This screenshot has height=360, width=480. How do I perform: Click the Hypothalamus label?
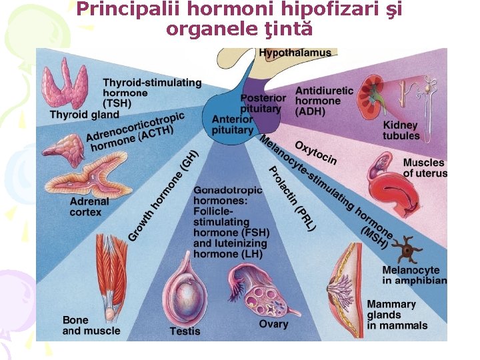pyautogui.click(x=295, y=53)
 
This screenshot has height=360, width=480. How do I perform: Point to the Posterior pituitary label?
pyautogui.click(x=263, y=103)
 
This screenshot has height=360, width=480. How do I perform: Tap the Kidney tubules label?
pyautogui.click(x=401, y=131)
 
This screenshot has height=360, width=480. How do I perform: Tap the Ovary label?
pyautogui.click(x=273, y=324)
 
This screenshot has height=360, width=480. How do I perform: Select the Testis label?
pyautogui.click(x=185, y=331)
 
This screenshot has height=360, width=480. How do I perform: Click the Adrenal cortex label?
pyautogui.click(x=89, y=207)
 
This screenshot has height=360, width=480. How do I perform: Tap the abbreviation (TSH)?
pyautogui.click(x=117, y=103)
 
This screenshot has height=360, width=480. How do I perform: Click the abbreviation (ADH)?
pyautogui.click(x=311, y=111)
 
